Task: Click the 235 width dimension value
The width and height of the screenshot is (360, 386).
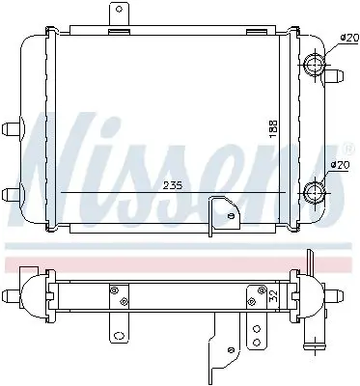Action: pos(173,185)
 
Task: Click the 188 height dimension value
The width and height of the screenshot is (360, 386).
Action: pos(273,129)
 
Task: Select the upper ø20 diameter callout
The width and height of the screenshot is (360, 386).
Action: pos(349,38)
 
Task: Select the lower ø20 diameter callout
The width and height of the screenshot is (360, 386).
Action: pos(340,165)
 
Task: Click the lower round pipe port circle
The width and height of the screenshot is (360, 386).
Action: pos(314,193)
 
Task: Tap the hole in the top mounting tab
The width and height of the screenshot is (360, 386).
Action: pos(120,9)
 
